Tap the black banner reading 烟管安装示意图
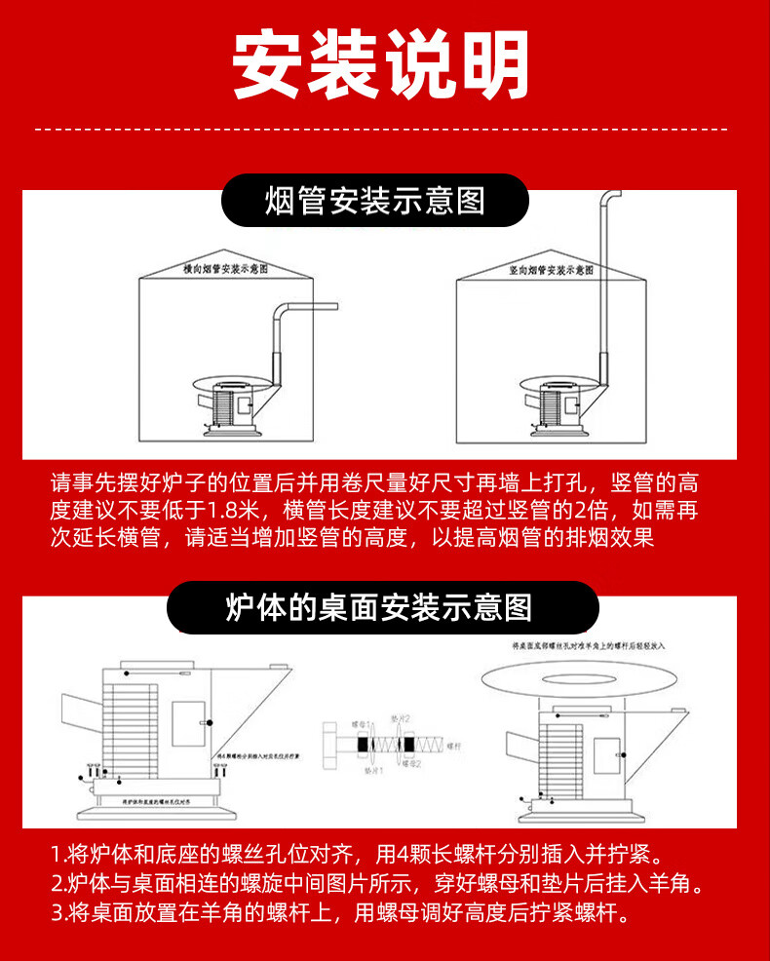click(x=375, y=201)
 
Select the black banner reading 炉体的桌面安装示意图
click(x=381, y=608)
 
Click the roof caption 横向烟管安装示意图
click(x=225, y=267)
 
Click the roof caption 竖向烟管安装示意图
click(x=551, y=268)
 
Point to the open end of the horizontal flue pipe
click(x=335, y=309)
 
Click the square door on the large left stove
click(x=186, y=723)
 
